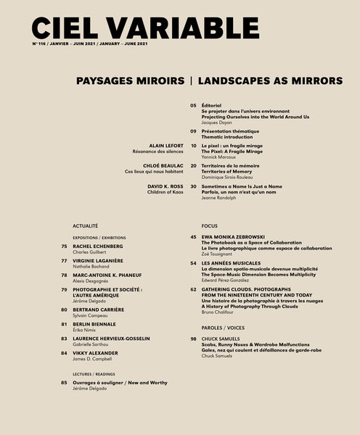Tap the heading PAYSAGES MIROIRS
[x=128, y=80]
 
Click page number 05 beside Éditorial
[x=194, y=105]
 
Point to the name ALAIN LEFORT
[x=166, y=146]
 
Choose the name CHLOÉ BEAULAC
[x=163, y=165]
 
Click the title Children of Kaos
[x=165, y=192]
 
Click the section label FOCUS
[x=210, y=226]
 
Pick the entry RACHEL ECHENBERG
[x=98, y=246]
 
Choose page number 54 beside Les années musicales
[x=194, y=263]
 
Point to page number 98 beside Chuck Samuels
[x=194, y=339]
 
